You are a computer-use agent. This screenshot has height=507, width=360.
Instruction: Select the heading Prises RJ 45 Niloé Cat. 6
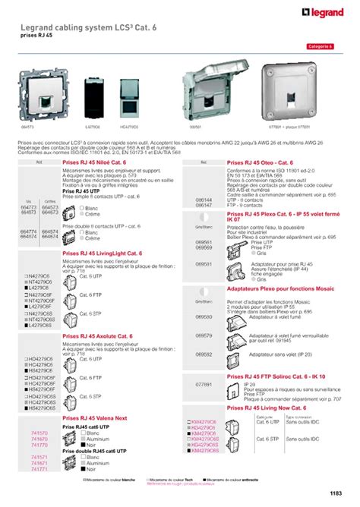[x=99, y=162]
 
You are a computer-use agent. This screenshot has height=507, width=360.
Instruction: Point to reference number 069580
[x=203, y=316]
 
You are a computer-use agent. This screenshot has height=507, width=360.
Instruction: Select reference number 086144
[x=203, y=201]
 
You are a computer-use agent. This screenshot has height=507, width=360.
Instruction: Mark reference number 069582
[x=203, y=354]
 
